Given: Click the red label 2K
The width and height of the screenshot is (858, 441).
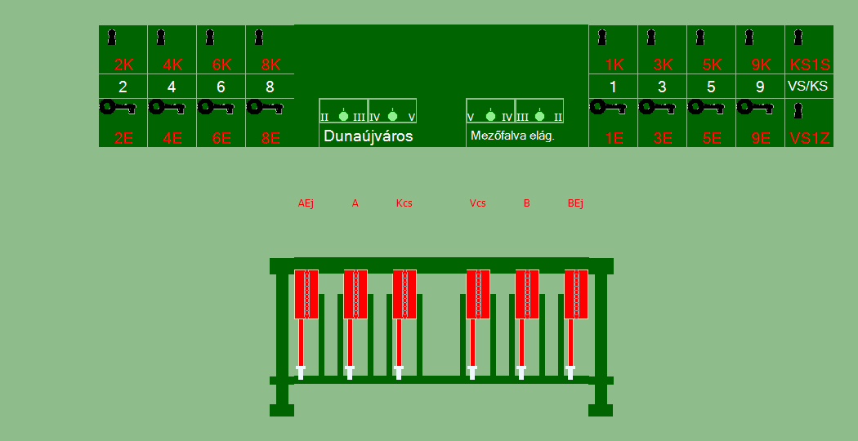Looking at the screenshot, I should pos(123,65).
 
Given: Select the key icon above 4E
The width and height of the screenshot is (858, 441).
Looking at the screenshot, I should pos(167,107).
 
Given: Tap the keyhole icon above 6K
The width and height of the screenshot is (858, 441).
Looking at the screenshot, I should pos(210,38).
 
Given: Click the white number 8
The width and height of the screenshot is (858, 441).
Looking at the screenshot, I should pos(270,87).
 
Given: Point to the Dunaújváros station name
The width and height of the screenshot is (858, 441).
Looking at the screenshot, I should pos(369,136).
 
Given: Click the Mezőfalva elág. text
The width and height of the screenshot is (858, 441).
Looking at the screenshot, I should pos(512,136).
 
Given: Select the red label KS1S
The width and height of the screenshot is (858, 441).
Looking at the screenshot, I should pos(809,65).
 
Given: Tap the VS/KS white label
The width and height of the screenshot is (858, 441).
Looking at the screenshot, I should pos(808,86).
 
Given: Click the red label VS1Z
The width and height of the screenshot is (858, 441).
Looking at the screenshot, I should pos(810,138).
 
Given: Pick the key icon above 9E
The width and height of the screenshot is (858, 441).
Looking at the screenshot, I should pos(755,107).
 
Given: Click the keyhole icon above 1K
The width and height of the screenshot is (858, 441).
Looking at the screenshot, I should pos(602,38).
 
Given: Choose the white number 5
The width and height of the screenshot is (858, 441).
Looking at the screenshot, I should pos(712,87).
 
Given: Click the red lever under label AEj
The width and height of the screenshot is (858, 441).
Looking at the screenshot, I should pos(306,294).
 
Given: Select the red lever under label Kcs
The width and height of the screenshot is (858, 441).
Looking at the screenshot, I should pos(404,294).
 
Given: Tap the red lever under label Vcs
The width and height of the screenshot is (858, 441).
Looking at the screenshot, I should pos(478,294).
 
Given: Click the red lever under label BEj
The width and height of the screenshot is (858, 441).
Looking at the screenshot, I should pos(576,294).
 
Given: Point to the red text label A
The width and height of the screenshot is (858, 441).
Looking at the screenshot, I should pos(355,203).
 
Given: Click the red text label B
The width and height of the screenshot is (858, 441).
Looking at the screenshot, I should pos(527,203).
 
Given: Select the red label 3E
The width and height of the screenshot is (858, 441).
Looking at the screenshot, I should pos(663,138).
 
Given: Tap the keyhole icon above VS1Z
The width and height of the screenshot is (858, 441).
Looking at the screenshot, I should pos(798,111).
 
